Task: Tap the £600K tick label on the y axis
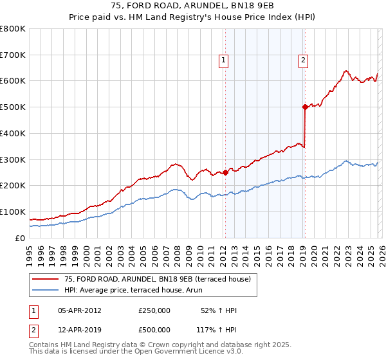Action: click(x=13, y=81)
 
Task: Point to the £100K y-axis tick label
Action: click(x=13, y=212)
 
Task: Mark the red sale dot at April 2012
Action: click(x=226, y=172)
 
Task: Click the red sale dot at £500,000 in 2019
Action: click(x=305, y=107)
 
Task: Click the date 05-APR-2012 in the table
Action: click(x=79, y=310)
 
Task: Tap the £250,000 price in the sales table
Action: click(x=154, y=310)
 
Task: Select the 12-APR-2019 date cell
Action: click(x=79, y=330)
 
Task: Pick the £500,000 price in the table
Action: click(x=154, y=330)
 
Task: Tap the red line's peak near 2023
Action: click(x=345, y=71)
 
